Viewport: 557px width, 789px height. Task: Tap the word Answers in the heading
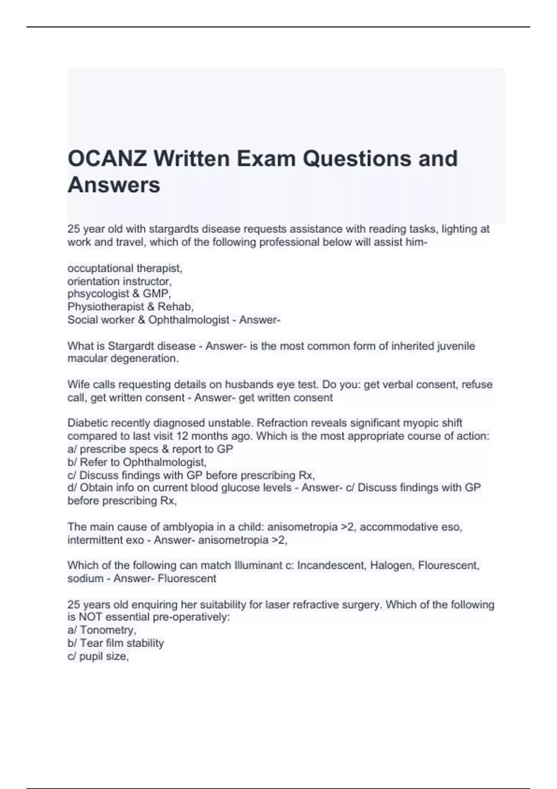(x=114, y=185)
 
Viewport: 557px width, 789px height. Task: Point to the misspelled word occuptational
(x=100, y=268)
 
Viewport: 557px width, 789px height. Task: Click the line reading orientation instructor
(x=119, y=281)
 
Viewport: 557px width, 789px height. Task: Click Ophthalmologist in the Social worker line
(x=189, y=320)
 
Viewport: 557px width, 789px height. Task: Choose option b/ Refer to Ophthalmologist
(x=137, y=462)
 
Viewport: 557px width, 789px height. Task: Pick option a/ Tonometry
(x=102, y=630)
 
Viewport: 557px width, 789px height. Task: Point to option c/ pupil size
(x=98, y=656)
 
